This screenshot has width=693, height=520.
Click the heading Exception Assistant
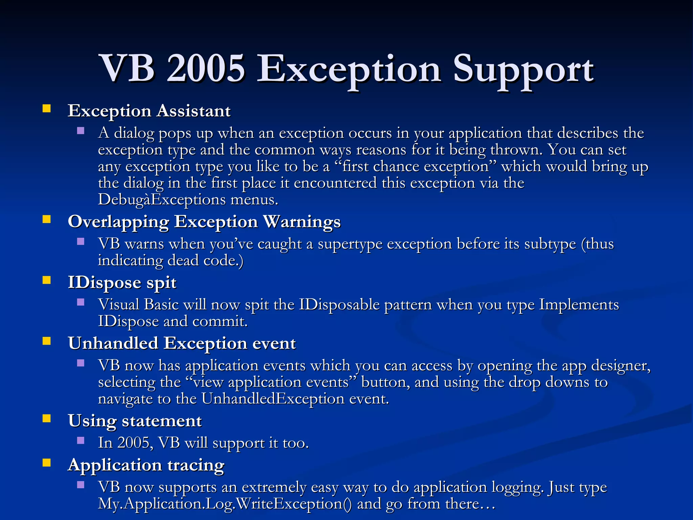(149, 111)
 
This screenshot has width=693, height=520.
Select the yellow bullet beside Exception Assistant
(47, 109)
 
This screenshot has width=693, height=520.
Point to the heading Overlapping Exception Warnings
(204, 222)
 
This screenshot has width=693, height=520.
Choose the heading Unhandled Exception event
(182, 343)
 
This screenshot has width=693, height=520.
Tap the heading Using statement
(135, 421)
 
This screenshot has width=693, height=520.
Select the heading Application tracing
(146, 465)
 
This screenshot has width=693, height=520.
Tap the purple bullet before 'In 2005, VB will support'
(81, 440)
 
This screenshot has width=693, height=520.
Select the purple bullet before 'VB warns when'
(81, 241)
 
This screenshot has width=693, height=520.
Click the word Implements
(579, 304)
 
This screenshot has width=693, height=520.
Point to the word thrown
(516, 150)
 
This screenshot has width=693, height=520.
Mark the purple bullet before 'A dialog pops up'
(81, 131)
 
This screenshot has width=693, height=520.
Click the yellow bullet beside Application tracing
(47, 463)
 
